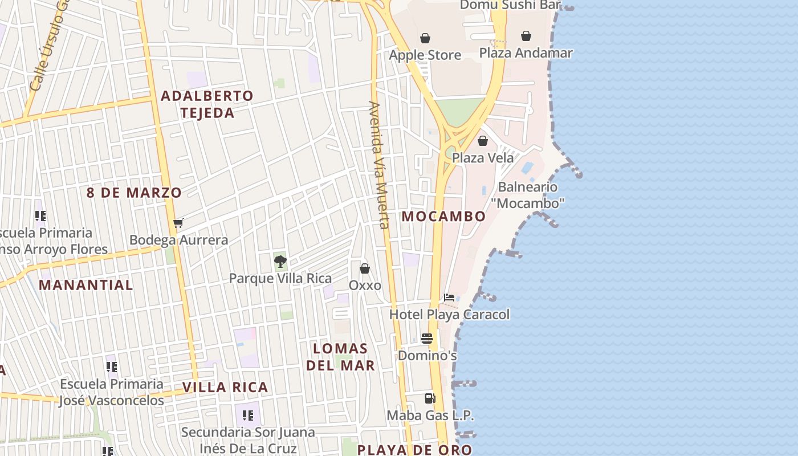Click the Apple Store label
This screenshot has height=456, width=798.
click(x=425, y=55)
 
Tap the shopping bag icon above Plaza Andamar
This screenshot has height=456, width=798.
click(x=526, y=36)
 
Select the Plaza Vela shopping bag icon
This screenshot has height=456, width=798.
click(x=483, y=141)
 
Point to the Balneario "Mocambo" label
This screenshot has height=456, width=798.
click(x=528, y=195)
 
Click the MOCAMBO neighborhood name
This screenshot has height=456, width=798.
click(x=443, y=217)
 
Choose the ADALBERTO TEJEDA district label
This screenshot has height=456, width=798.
click(x=207, y=104)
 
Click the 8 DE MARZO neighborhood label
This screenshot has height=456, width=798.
click(x=134, y=193)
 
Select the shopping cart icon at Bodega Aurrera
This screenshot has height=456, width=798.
click(x=178, y=223)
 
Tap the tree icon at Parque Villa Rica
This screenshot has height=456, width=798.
click(x=280, y=262)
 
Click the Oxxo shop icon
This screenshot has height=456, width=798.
click(x=365, y=268)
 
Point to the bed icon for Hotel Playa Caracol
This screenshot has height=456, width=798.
click(x=449, y=298)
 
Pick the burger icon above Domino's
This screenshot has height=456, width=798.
click(x=427, y=339)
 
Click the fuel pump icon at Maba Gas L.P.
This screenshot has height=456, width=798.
click(x=430, y=398)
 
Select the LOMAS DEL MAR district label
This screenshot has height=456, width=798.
click(x=341, y=357)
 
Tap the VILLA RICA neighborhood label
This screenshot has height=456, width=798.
click(x=225, y=388)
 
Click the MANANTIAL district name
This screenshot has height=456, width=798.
click(x=85, y=285)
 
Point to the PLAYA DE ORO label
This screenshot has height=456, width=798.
click(x=414, y=450)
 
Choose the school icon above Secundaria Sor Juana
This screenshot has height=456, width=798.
click(x=247, y=416)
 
